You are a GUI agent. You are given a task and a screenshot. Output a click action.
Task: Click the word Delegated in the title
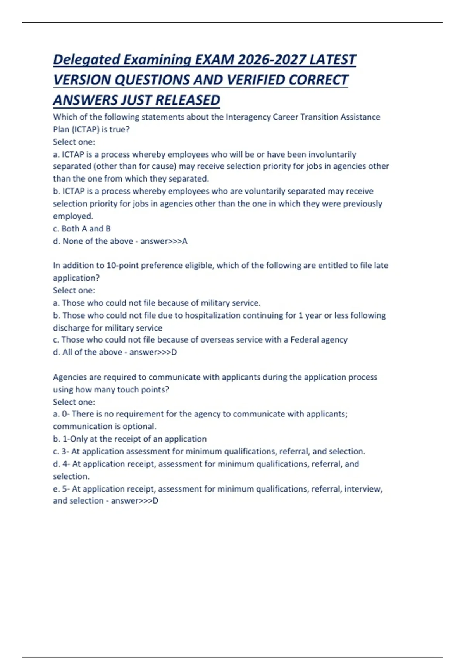click(x=87, y=60)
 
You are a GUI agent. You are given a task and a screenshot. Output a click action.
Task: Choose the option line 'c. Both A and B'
click(x=82, y=229)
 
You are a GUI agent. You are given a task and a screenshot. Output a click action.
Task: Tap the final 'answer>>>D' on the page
click(x=134, y=501)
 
